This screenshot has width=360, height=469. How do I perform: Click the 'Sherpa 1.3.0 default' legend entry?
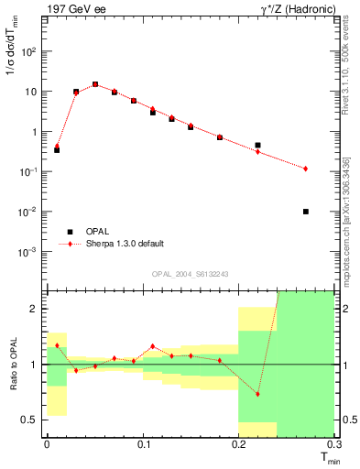point(124,244)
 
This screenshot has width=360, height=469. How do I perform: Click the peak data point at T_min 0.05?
point(94,84)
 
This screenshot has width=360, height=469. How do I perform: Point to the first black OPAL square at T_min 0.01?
point(57,149)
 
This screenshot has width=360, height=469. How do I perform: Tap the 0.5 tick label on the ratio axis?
point(32,420)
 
